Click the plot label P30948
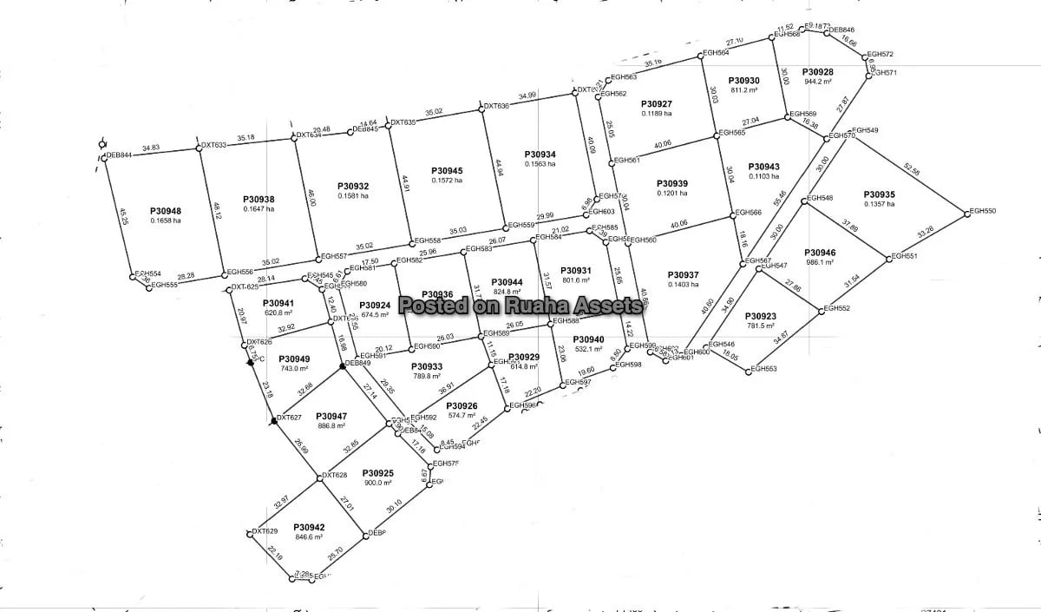pos(165,211)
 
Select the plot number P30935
pos(880,194)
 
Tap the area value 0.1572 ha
pos(447,180)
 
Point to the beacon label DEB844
pos(119,155)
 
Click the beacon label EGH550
pos(983,211)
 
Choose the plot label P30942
pos(309,527)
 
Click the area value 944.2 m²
pos(818,82)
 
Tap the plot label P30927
pos(656,104)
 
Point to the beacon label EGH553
pos(764,369)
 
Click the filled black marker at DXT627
pos(274,420)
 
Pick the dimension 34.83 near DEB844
pos(151,148)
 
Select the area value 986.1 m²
pos(820,262)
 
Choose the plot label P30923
pos(760,316)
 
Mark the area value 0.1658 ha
pos(165,220)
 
